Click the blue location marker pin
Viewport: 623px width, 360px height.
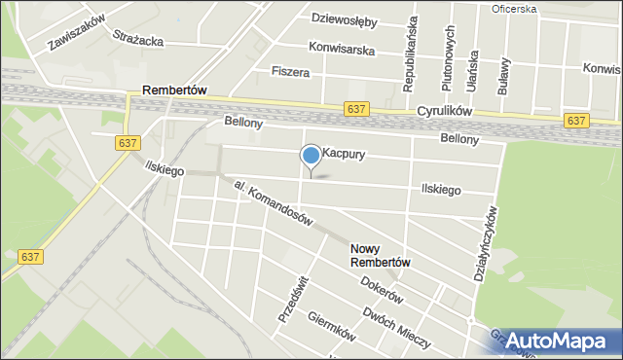(x=311, y=156)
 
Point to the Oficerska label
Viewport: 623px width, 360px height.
(x=515, y=9)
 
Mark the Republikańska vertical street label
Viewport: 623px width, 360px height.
(x=412, y=54)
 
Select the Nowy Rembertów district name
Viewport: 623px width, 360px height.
(x=382, y=256)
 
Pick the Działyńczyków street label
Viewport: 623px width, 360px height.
(x=486, y=244)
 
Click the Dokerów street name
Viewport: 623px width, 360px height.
(x=382, y=289)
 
